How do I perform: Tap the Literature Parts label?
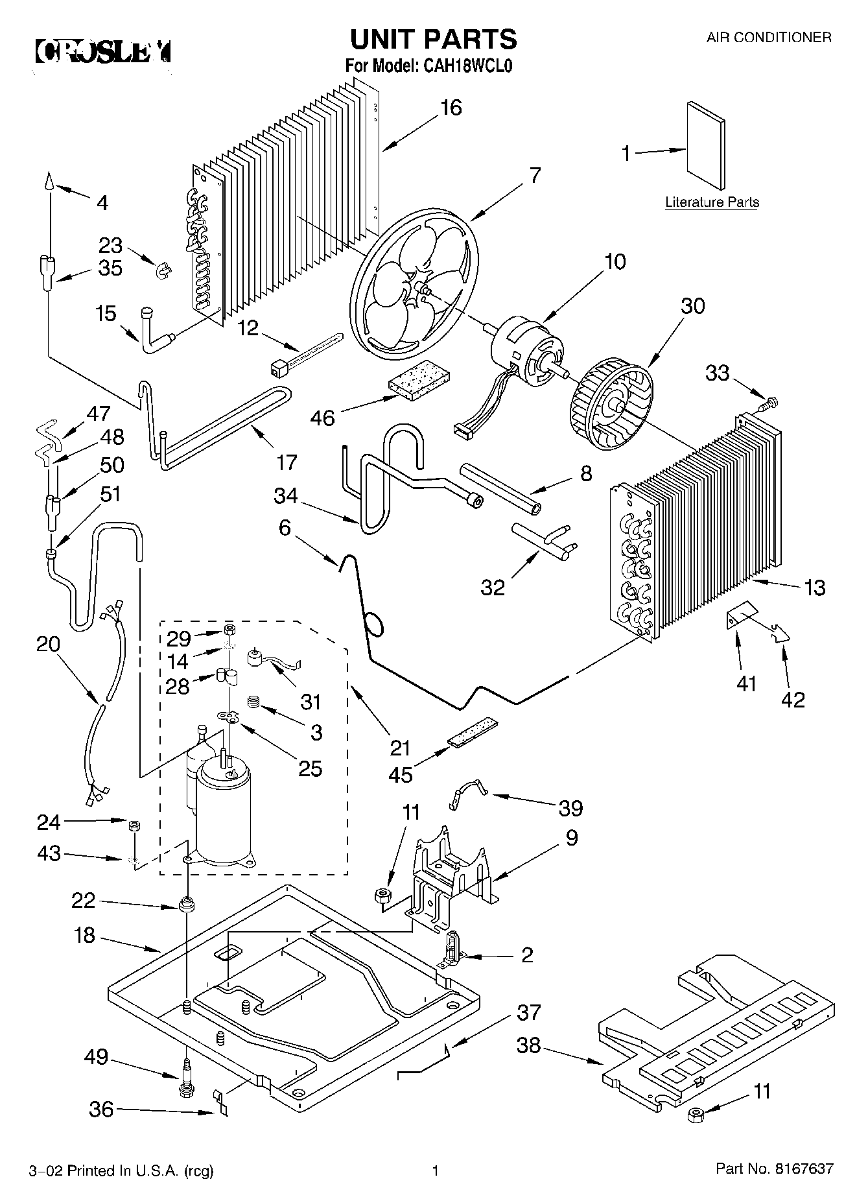pos(712,202)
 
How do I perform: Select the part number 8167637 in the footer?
pos(801,1170)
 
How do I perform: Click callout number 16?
pos(451,108)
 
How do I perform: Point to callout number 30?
pos(692,305)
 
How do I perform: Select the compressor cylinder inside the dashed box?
pos(222,813)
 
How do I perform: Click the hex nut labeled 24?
pos(133,825)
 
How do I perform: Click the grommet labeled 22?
pos(187,904)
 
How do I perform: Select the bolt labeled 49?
pos(185,1077)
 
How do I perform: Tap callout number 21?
pos(400,748)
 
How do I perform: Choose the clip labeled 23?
pos(161,269)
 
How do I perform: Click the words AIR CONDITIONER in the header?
pos(769,38)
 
